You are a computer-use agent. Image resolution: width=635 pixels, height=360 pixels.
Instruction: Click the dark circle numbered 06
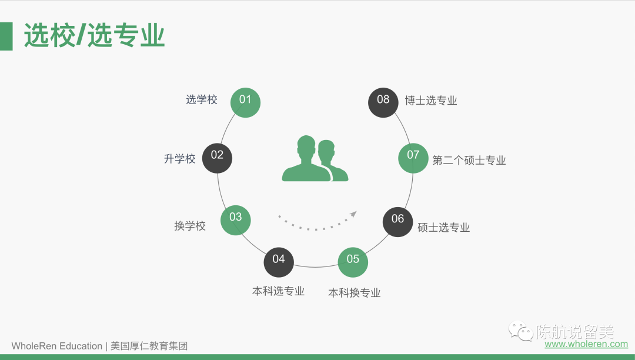tap(398, 221)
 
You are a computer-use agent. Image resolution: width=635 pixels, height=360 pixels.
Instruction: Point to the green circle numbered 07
tap(413, 156)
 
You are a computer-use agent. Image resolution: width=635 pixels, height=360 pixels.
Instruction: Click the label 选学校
tap(202, 99)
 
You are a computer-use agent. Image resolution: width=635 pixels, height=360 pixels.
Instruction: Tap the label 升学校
tap(180, 159)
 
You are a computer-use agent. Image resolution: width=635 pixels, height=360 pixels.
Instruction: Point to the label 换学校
tap(190, 226)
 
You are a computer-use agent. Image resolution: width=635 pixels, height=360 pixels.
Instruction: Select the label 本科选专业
tap(279, 291)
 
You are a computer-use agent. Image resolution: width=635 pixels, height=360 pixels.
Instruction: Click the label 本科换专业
tap(355, 293)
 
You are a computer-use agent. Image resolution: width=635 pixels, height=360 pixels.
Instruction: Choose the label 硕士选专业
tap(444, 228)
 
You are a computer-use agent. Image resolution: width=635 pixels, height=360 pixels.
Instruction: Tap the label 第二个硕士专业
tap(469, 161)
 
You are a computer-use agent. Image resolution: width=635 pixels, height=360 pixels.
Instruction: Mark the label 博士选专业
tap(431, 101)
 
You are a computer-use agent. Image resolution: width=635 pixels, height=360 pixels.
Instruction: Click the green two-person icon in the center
tap(315, 159)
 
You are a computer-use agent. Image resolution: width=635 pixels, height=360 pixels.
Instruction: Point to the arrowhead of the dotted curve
tap(353, 214)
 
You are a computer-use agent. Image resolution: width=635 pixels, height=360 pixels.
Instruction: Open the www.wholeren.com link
tap(586, 344)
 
